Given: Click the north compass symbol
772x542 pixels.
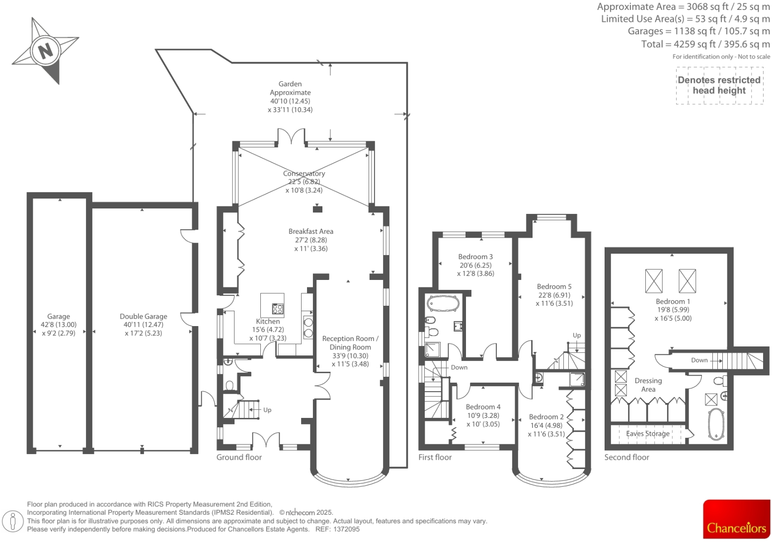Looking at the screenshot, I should [45, 50].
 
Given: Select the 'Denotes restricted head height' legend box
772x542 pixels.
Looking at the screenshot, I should [719, 85].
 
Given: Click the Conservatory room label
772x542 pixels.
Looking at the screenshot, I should [304, 173].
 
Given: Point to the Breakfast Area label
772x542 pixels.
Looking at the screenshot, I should [311, 231].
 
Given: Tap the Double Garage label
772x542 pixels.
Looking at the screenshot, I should [143, 316].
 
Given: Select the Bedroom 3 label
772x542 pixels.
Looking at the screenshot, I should [475, 257].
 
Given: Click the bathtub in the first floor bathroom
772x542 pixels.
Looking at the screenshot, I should [443, 303].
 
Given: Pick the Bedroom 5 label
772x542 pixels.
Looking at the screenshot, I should [554, 286].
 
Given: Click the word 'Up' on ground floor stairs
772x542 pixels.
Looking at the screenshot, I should [267, 410].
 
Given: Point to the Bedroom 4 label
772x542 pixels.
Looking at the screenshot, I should [483, 407].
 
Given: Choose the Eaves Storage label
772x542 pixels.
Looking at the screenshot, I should [648, 433].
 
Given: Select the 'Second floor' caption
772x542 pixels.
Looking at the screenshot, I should [626, 457].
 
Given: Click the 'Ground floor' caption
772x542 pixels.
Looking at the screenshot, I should [239, 457].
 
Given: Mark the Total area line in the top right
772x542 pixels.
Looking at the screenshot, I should [705, 44].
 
